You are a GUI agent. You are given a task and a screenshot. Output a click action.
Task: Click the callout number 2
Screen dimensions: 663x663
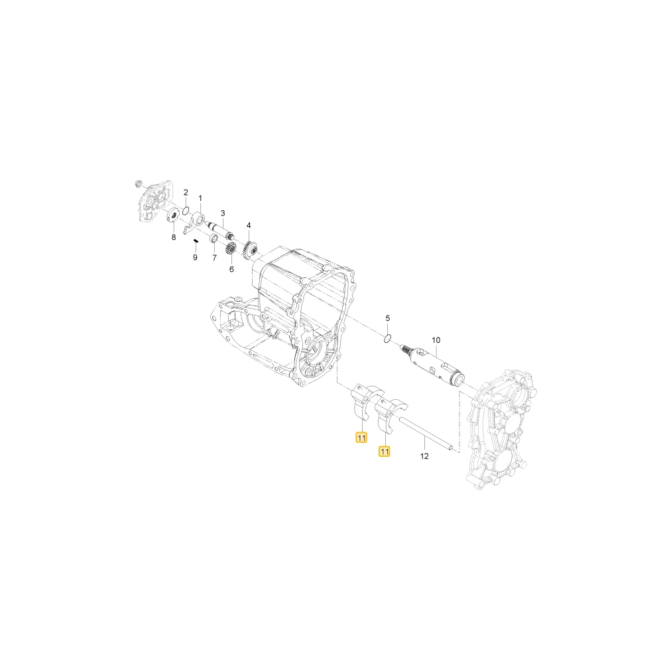(186, 192)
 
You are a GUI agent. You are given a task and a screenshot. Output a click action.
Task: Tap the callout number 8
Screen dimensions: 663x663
(173, 237)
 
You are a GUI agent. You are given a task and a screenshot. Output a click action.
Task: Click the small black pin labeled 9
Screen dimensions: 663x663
(196, 241)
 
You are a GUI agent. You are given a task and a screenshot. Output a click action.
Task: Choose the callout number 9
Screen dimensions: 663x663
(195, 257)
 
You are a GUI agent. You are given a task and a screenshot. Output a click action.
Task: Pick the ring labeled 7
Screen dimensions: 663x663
(214, 242)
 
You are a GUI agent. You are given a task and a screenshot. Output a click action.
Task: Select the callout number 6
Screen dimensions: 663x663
(231, 269)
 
